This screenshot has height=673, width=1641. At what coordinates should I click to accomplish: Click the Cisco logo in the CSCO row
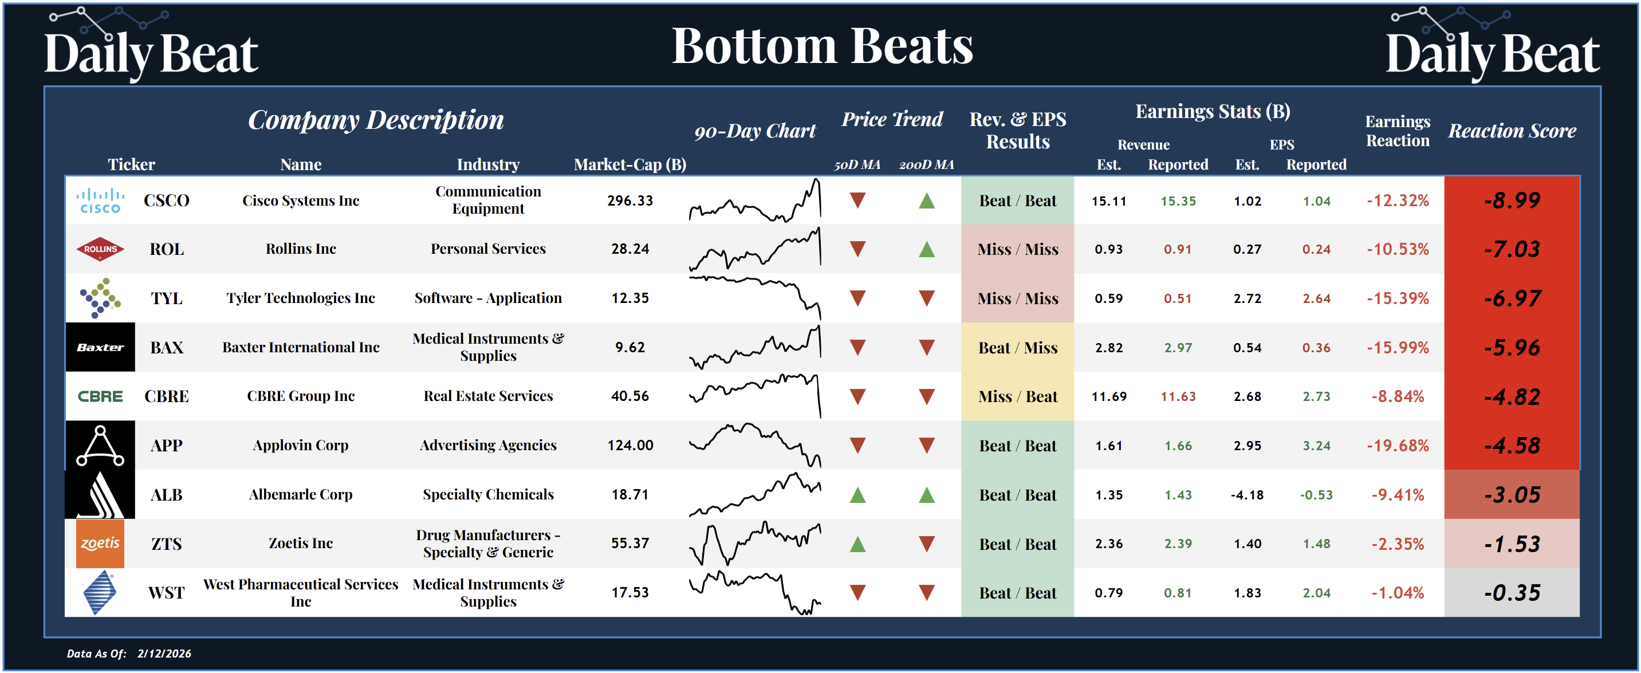100,200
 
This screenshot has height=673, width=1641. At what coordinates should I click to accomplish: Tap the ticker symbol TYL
166,298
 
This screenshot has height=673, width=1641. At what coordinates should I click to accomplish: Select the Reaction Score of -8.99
1511,200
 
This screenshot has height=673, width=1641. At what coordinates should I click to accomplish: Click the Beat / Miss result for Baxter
1017,347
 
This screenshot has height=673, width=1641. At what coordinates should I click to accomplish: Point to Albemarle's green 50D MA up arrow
857,494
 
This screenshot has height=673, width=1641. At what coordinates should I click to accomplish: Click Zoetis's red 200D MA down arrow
926,544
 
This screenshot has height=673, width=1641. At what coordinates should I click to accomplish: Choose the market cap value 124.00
630,446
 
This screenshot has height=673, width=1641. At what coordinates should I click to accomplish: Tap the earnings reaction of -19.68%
1397,446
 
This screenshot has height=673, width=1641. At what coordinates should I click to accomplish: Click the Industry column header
488,164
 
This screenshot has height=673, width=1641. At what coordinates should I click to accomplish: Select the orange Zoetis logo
100,544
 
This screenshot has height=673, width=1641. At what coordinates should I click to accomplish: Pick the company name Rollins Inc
301,249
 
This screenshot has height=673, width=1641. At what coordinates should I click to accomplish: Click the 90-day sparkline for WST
755,593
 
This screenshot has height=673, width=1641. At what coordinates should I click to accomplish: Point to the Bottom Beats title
822,46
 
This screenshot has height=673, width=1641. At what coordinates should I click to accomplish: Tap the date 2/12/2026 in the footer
164,654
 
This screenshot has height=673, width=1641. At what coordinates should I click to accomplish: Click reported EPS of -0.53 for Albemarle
1316,494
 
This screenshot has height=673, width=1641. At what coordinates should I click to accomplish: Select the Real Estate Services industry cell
488,396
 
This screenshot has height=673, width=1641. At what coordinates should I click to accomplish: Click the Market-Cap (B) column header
629,164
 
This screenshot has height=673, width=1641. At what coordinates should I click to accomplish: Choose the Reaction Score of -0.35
1511,593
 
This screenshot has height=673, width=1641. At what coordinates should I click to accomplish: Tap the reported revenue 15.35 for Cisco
1178,200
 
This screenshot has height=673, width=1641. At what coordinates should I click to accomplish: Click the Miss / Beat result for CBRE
1017,396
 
